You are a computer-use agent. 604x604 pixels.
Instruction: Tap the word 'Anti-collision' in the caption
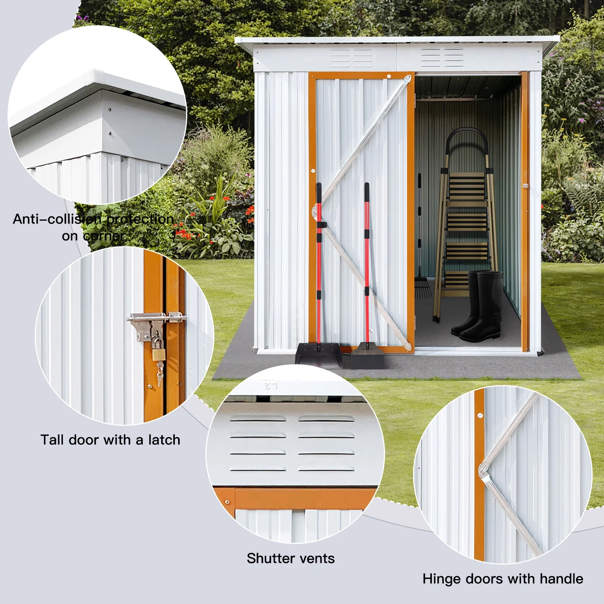(57, 219)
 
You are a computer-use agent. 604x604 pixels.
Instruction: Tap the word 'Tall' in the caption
(52, 440)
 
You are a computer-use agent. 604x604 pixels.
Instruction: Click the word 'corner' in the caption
(104, 236)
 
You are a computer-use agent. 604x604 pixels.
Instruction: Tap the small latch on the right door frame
(525, 185)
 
